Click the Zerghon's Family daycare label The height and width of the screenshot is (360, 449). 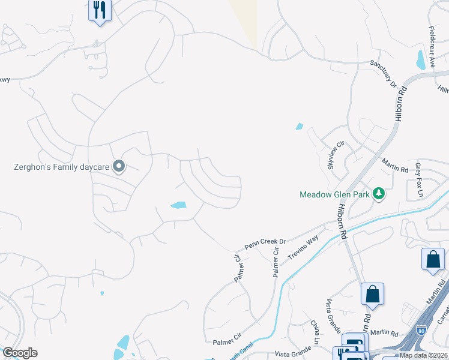tap(61, 167)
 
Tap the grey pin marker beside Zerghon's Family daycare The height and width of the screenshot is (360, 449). tap(119, 166)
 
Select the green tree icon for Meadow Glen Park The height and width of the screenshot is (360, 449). tap(378, 193)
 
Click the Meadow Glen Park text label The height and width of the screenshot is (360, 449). tap(335, 194)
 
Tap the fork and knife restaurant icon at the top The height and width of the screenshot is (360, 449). tap(100, 10)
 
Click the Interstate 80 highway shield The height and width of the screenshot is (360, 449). tap(421, 329)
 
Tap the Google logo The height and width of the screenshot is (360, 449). tap(20, 353)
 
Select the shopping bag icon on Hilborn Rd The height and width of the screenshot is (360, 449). tap(372, 294)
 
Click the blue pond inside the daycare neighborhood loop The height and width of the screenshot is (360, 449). tap(178, 205)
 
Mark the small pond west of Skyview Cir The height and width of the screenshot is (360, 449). tap(299, 127)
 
